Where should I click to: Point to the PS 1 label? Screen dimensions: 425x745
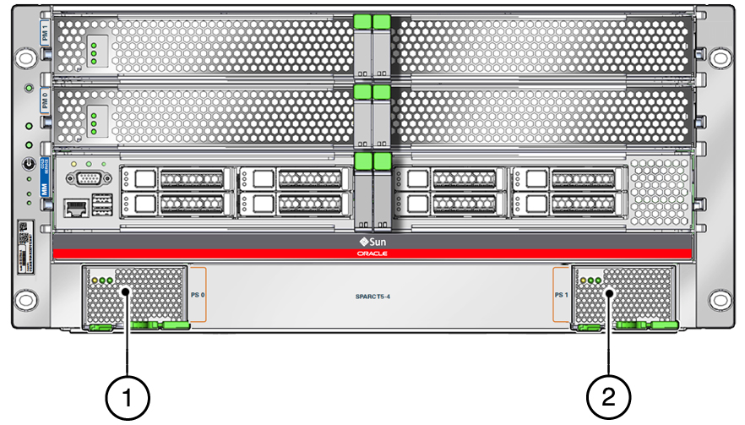(x=560, y=297)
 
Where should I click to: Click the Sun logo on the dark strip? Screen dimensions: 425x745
(x=372, y=241)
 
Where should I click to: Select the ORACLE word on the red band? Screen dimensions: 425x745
(x=372, y=253)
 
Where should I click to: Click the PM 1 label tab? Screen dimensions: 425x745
(x=46, y=35)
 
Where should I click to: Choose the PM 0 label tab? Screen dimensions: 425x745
(x=46, y=106)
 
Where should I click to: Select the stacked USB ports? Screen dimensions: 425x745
(x=101, y=205)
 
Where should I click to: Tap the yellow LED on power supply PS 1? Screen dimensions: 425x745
(x=584, y=281)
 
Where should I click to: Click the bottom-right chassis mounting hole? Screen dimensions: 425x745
(x=719, y=298)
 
